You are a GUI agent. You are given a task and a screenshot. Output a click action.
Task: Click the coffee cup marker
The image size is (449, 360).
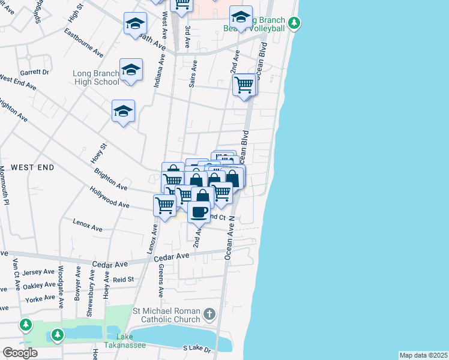[x=199, y=211]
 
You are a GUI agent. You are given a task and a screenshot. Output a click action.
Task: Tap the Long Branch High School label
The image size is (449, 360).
[x=95, y=78]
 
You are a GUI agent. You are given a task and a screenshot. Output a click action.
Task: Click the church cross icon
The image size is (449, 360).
[x=208, y=314]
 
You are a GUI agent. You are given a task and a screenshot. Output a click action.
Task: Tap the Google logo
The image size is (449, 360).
[x=20, y=353]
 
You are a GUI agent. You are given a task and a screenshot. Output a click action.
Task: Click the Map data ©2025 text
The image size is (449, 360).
[x=423, y=355]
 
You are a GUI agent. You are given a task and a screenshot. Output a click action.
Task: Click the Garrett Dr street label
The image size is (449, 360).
[x=34, y=72]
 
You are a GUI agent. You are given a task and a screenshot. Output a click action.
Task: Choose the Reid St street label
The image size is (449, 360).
[x=123, y=280]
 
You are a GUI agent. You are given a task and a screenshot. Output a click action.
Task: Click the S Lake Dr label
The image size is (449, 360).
[x=197, y=349]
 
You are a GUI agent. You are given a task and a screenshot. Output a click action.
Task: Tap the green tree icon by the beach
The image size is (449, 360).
[x=294, y=23]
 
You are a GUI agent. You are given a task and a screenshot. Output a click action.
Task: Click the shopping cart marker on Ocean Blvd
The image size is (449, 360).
[x=244, y=85]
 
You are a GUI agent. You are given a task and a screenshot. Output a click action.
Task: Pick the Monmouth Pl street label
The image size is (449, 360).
[x=6, y=185]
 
